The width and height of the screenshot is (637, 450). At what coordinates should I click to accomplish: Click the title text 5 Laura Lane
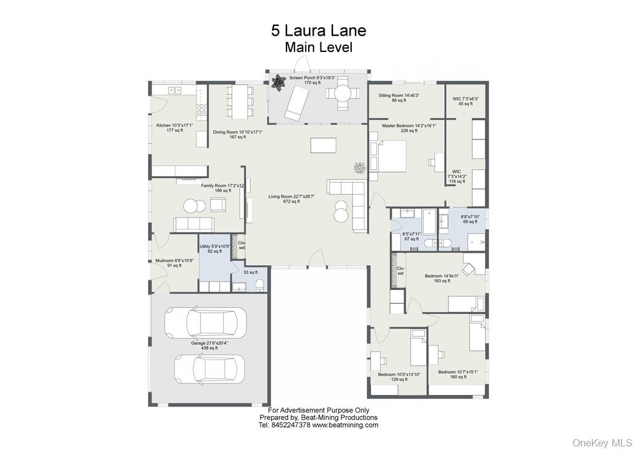pyautogui.click(x=318, y=30)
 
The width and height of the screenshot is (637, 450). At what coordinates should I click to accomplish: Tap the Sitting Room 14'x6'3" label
pyautogui.click(x=399, y=95)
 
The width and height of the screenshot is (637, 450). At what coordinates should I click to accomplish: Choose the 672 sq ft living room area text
pyautogui.click(x=291, y=201)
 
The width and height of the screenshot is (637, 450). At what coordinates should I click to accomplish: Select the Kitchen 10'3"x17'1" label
pyautogui.click(x=174, y=125)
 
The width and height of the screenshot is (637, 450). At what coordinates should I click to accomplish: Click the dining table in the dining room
pyautogui.click(x=239, y=100)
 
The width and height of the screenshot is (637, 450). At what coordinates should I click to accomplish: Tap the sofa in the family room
pyautogui.click(x=193, y=224)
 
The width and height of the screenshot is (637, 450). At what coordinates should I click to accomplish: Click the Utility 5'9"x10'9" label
pyautogui.click(x=215, y=246)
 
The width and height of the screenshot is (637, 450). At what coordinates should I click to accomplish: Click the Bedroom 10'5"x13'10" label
pyautogui.click(x=396, y=374)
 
